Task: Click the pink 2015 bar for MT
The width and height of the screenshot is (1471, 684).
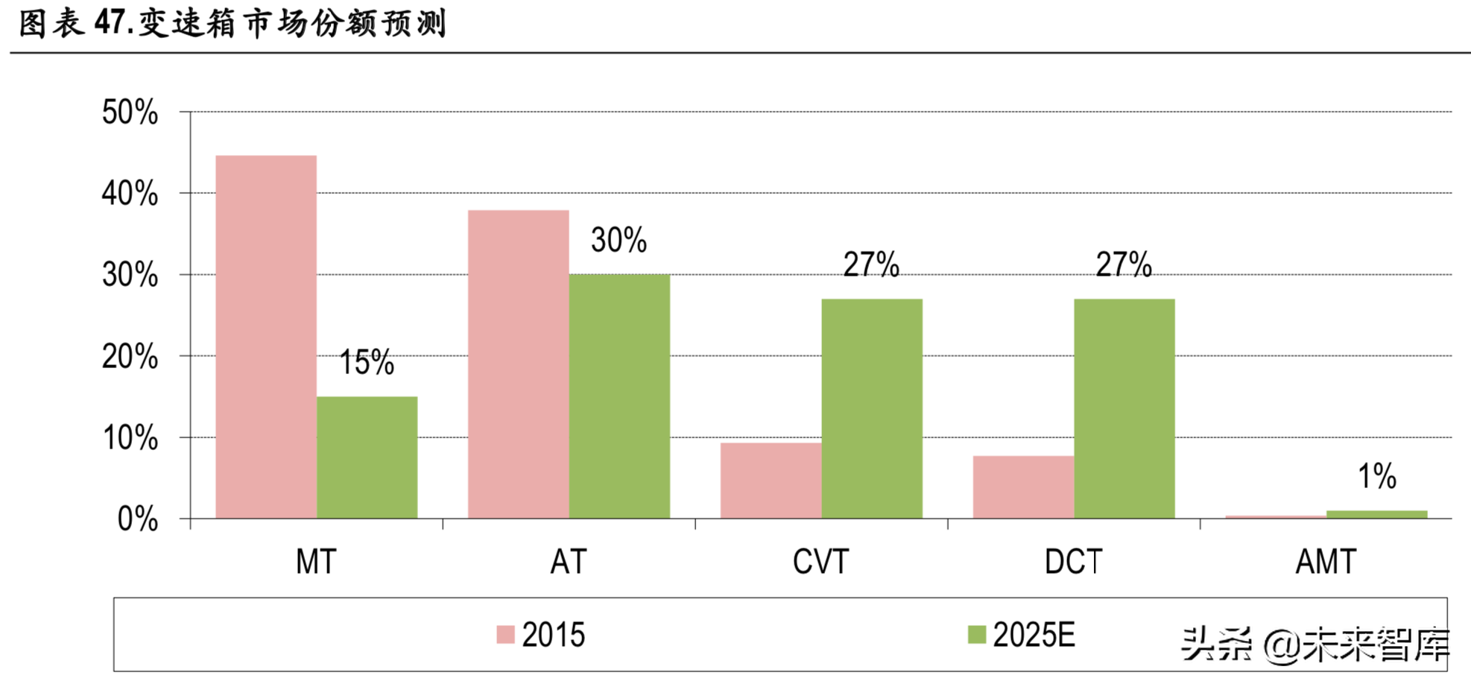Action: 266,337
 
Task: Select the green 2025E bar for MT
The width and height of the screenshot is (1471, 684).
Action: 367,457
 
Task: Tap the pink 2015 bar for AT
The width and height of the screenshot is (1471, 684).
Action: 518,364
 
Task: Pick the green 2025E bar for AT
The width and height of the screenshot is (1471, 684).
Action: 619,396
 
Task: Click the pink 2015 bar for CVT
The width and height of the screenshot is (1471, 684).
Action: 771,481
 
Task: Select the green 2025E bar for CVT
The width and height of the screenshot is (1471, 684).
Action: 872,408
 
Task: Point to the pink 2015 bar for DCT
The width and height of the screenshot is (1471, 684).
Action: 1023,487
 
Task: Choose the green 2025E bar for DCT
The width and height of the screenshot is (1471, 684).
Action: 1124,408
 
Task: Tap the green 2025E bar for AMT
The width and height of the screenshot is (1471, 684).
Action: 1376,514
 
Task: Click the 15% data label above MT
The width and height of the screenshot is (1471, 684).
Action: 367,363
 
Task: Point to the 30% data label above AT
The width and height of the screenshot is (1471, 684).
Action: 619,241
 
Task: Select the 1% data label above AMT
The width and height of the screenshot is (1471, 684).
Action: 1376,476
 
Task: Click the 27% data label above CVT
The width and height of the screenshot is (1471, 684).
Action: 871,265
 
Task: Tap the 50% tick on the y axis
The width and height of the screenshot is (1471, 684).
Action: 130,113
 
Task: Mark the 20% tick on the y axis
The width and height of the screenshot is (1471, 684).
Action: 130,357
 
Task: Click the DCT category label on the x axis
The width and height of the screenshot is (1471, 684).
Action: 1073,562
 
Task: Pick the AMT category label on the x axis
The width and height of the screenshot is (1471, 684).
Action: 1325,562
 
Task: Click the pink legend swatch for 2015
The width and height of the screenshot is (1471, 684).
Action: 506,635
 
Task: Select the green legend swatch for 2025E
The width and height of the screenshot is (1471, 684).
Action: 976,635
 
